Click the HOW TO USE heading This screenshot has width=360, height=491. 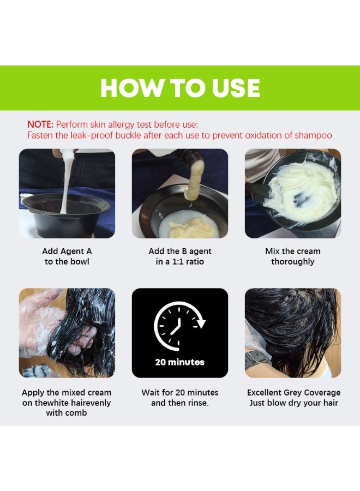point(180,88)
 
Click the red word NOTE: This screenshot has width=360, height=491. point(40,124)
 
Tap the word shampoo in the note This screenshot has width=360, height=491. point(313,135)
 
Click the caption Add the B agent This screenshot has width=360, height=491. point(180,252)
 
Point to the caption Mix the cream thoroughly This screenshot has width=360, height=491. point(293,256)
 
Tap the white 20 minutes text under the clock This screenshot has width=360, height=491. point(179,362)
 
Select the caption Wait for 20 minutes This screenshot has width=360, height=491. point(180,392)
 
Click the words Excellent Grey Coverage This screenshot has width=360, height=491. point(293,392)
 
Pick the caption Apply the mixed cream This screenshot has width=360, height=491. point(67,392)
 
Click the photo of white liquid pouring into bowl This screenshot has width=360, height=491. point(67,194)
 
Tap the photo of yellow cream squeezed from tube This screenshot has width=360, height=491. point(180,194)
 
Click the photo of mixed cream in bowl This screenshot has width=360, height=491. point(293,194)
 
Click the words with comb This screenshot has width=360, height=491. point(67,413)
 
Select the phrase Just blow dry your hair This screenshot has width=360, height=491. point(293,403)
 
